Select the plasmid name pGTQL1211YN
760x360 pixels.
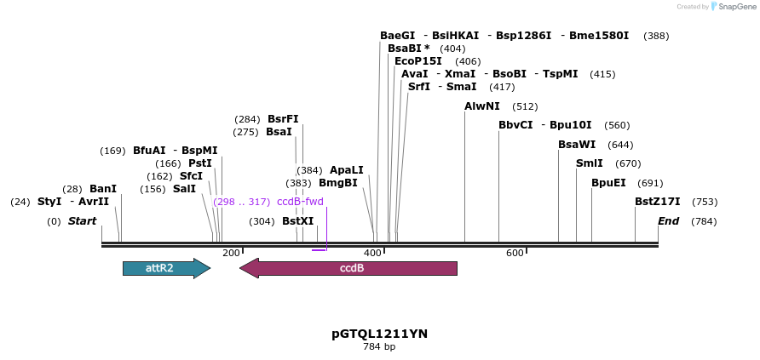(x=379, y=334)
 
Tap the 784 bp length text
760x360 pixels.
(x=379, y=346)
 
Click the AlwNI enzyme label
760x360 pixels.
(x=482, y=106)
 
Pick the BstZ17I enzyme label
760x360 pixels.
(x=657, y=202)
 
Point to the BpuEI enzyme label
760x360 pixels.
(x=608, y=182)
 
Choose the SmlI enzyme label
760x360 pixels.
(x=589, y=163)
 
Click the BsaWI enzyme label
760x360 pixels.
(x=577, y=145)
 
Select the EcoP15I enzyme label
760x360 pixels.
(x=417, y=61)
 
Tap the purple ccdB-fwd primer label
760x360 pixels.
(x=300, y=202)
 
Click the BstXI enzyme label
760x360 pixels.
(x=297, y=221)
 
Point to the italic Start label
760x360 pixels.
(x=82, y=221)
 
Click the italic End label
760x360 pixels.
(x=668, y=221)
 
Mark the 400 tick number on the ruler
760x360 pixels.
(x=372, y=253)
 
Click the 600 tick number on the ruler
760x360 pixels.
(x=515, y=253)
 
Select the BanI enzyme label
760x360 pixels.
(x=102, y=189)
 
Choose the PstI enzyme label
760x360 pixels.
(x=200, y=163)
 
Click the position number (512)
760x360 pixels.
(x=525, y=106)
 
